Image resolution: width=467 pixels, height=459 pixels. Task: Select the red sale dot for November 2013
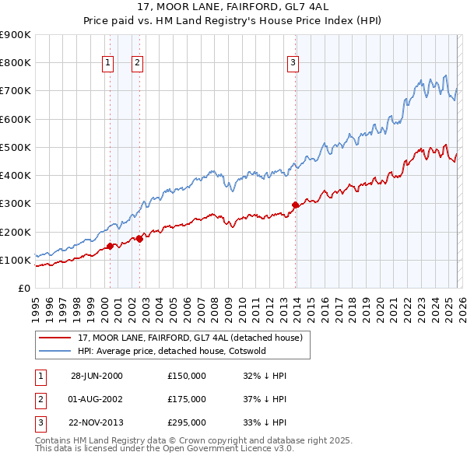click(x=295, y=205)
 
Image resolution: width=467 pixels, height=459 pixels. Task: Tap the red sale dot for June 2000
click(x=110, y=246)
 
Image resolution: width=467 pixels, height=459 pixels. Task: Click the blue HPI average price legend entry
click(x=171, y=351)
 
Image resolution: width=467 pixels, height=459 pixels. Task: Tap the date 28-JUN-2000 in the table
click(x=97, y=376)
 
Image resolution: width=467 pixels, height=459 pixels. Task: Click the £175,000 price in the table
click(x=186, y=399)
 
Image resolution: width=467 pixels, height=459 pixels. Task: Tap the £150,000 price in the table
click(x=186, y=376)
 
